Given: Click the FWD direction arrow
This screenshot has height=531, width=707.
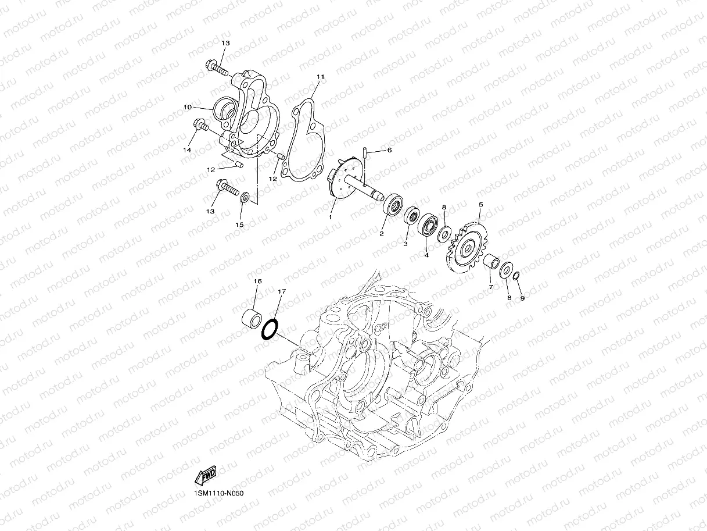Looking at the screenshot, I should click(206, 476).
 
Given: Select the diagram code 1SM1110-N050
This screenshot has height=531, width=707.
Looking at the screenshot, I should click(219, 493).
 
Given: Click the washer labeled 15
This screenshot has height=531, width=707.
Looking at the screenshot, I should click(245, 198).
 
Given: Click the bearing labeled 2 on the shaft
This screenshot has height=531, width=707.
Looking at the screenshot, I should click(394, 206).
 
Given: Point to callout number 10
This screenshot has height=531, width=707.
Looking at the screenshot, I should click(188, 108).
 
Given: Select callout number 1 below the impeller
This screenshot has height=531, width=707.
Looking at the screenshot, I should click(330, 217).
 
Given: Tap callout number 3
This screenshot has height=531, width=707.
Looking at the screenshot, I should click(406, 244).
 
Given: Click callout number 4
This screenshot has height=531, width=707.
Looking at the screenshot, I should click(426, 255).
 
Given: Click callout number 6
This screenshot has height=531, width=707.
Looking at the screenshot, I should click(389, 150).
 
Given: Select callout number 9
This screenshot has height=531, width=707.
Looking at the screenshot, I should click(522, 298).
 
